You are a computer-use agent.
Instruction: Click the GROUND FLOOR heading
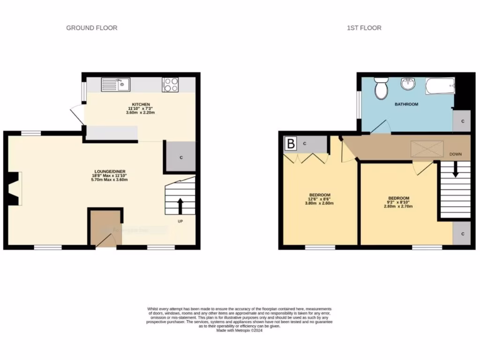[x=91, y=28]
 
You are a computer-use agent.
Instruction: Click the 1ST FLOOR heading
[x=364, y=28]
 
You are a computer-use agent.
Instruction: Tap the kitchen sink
[x=116, y=85]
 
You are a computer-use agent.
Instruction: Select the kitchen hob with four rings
[x=171, y=84]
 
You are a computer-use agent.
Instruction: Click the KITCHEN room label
[x=141, y=104]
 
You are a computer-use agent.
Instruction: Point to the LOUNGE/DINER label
[x=109, y=172]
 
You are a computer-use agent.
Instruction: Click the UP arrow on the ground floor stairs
[x=180, y=205]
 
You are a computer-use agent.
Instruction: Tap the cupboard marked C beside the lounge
[x=180, y=157]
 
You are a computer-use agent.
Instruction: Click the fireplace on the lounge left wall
[x=15, y=188]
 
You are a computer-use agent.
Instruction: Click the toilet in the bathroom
[x=381, y=88]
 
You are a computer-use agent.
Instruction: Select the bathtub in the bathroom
[x=440, y=86]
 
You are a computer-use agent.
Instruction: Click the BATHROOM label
[x=406, y=104]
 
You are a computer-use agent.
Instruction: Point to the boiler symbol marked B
[x=291, y=143]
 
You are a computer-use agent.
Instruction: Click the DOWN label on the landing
[x=456, y=154]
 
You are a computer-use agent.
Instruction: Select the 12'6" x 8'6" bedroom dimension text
[x=320, y=199]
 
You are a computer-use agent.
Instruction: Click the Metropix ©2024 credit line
[x=240, y=330]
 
